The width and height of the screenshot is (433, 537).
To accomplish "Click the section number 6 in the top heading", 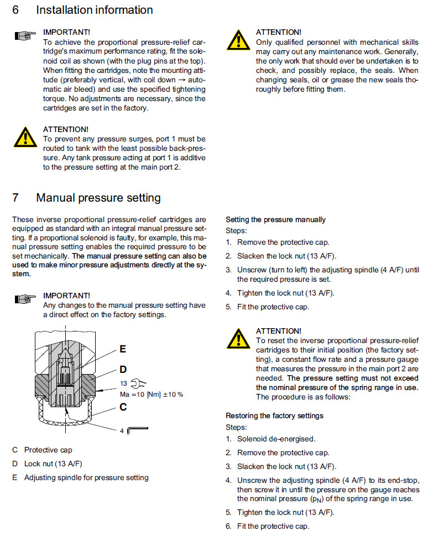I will [x=16, y=10].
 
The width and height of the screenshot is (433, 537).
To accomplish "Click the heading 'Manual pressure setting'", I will [x=98, y=197].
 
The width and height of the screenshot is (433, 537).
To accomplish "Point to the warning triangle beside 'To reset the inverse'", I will [x=238, y=338].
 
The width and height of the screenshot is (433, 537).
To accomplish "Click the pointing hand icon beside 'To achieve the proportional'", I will [x=23, y=36].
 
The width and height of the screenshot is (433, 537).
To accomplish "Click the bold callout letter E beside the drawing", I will [x=123, y=349].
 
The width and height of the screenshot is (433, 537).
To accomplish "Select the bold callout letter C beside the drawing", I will [x=123, y=407].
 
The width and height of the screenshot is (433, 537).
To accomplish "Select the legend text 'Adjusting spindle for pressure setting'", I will [x=86, y=477].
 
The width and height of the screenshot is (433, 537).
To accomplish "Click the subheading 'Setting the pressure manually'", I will [x=275, y=219].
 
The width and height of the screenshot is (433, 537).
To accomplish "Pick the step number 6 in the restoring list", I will [x=228, y=526].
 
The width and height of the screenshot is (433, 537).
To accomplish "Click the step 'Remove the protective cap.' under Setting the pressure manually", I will [x=283, y=242].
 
